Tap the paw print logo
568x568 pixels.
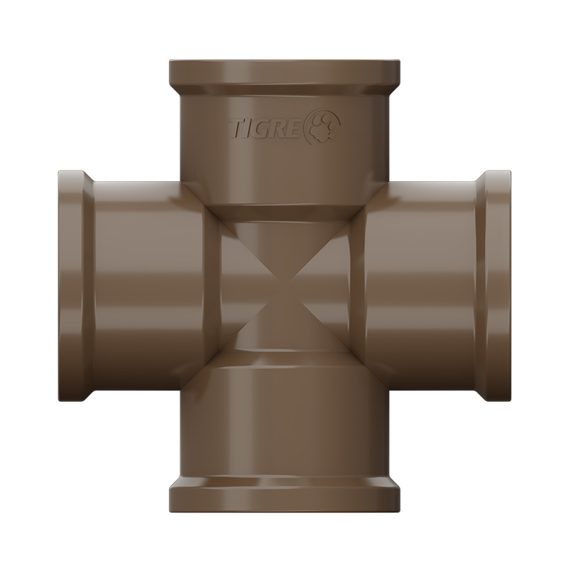point(323,127)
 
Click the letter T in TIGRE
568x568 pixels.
point(236,130)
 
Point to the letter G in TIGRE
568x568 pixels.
point(266,130)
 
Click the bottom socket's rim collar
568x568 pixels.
point(285,493)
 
